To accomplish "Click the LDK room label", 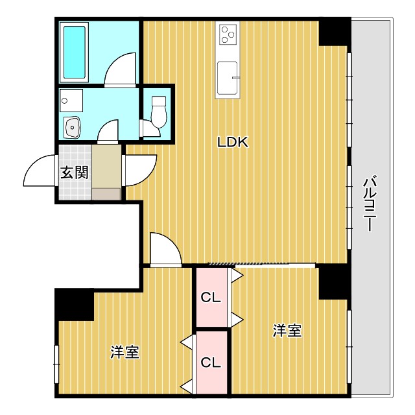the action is tap(233, 142).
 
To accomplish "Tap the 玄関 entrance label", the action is tap(74, 172).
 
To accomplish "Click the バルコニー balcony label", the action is tap(370, 204).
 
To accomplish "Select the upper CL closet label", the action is tap(211, 298).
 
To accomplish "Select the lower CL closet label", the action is tap(211, 362).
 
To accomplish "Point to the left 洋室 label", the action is tap(124, 352).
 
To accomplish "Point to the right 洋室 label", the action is tap(287, 331).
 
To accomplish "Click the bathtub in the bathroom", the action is tap(75, 52).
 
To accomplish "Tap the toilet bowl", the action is tap(159, 112).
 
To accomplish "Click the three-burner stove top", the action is tap(228, 34).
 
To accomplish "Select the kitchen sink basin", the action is tap(228, 78).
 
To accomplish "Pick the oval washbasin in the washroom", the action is tap(72, 127).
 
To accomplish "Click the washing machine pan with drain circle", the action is tap(71, 101).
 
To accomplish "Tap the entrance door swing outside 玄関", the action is tap(40, 171).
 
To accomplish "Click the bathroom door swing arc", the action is tap(120, 70).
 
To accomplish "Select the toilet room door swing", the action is tap(150, 128).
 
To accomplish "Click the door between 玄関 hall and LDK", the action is tap(139, 171).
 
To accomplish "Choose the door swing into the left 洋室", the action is tap(166, 249).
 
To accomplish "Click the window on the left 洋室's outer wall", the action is tap(56, 364).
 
